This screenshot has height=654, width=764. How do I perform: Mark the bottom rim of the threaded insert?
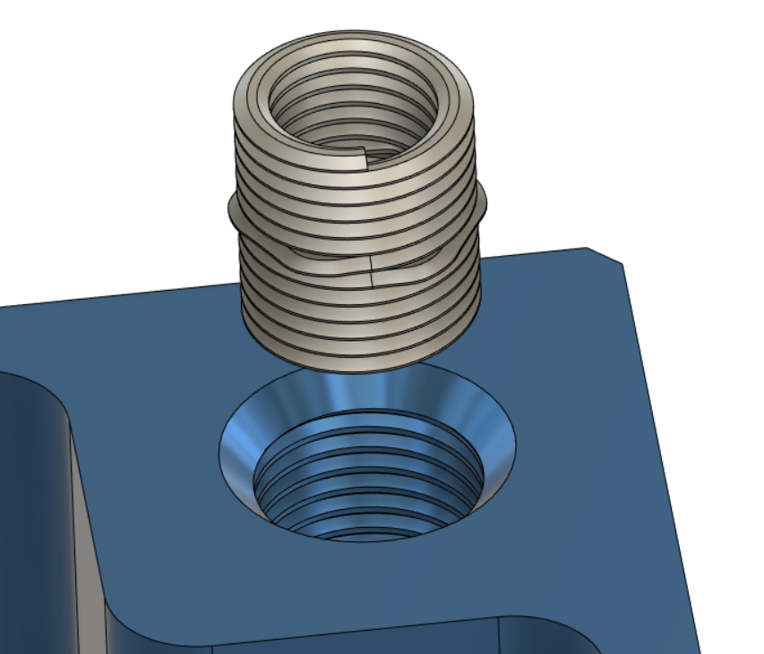pos(358,363)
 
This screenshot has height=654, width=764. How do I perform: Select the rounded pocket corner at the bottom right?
pos(573,635)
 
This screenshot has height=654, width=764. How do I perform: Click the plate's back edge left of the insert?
pos(116,295)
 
